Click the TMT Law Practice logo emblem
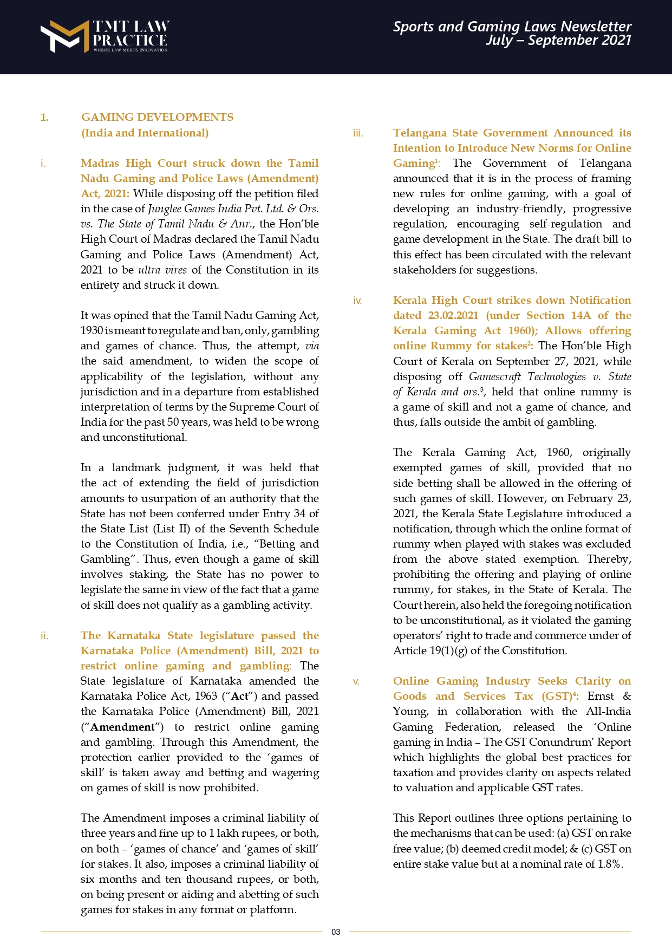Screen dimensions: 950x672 click(x=64, y=36)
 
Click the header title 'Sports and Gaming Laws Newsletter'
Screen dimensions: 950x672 click(x=512, y=27)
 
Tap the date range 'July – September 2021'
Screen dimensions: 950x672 click(x=558, y=41)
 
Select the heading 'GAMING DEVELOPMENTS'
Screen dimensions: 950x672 click(x=157, y=118)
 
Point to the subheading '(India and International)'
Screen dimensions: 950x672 click(x=145, y=133)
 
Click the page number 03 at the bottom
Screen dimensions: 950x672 click(x=336, y=932)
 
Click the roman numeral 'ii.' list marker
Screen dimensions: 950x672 click(x=44, y=636)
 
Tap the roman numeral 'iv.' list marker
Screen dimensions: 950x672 click(x=357, y=301)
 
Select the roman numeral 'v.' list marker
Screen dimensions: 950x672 click(x=356, y=681)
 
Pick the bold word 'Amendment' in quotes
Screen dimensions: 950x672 click(x=122, y=727)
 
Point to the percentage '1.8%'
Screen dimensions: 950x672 click(x=610, y=864)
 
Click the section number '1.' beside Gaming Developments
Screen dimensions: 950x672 click(x=44, y=118)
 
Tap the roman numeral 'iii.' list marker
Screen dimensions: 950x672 click(x=357, y=133)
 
